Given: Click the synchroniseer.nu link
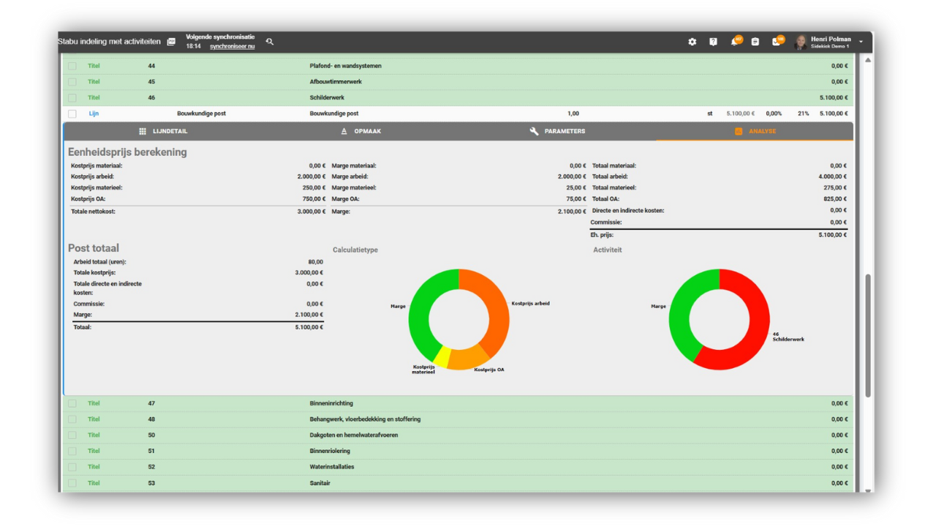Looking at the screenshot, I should (232, 46).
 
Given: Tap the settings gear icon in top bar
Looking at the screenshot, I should (692, 42).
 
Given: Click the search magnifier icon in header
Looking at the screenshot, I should (270, 42).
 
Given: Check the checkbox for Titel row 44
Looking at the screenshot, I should (72, 66).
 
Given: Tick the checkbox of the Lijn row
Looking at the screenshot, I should (72, 114).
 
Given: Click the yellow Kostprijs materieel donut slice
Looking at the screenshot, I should (442, 356).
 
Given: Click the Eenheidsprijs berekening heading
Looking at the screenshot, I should (127, 152).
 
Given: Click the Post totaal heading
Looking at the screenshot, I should (94, 248).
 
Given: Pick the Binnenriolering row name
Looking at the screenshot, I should (330, 451).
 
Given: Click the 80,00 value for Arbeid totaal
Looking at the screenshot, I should (315, 261).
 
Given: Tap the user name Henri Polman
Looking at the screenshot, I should (830, 39).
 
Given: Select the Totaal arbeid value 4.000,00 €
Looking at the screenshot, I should (832, 176).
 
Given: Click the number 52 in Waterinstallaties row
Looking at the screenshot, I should (151, 467).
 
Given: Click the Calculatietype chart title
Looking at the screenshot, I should (355, 250).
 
